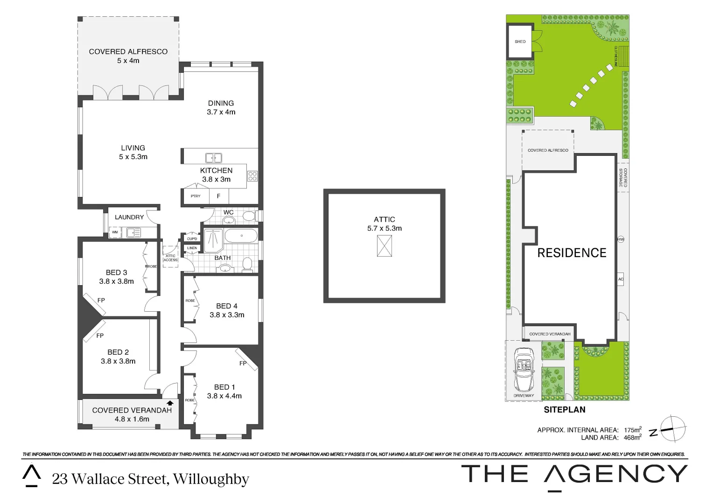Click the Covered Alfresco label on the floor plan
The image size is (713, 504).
pyautogui.click(x=128, y=56)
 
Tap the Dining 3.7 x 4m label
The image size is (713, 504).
pyautogui.click(x=221, y=107)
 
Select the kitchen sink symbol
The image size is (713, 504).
pyautogui.click(x=214, y=158)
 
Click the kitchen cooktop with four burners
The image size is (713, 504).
pyautogui.click(x=252, y=176)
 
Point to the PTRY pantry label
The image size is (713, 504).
pyautogui.click(x=196, y=196)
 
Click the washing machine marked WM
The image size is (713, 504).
pyautogui.click(x=115, y=232)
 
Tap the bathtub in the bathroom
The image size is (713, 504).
pyautogui.click(x=241, y=236)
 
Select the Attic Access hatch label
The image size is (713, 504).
pyautogui.click(x=170, y=258)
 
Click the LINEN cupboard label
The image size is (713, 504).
pyautogui.click(x=192, y=248)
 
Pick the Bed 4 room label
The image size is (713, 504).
pyautogui.click(x=227, y=310)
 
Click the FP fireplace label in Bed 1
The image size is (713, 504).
pyautogui.click(x=243, y=363)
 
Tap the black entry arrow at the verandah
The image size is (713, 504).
pyautogui.click(x=170, y=403)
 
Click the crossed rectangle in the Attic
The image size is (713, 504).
pyautogui.click(x=384, y=246)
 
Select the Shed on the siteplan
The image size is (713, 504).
pyautogui.click(x=520, y=42)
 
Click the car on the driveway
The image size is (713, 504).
pyautogui.click(x=524, y=370)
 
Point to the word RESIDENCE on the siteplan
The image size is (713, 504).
pyautogui.click(x=572, y=253)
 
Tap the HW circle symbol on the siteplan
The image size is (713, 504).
pyautogui.click(x=621, y=239)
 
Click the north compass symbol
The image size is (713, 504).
pyautogui.click(x=672, y=428)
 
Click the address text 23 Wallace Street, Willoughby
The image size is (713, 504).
pyautogui.click(x=150, y=479)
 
